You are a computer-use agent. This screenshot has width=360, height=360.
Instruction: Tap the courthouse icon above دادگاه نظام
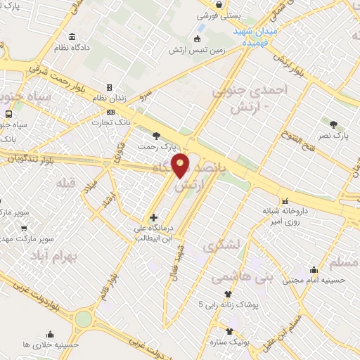73,37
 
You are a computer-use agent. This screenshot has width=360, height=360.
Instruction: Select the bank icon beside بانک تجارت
110,112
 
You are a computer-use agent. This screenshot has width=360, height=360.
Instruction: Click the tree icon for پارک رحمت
156,136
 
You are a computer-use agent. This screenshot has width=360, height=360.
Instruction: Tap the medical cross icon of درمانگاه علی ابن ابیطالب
153,218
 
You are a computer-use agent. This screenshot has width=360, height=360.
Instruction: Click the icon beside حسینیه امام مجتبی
313,269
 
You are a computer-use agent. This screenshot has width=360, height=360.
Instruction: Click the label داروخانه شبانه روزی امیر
266,216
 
